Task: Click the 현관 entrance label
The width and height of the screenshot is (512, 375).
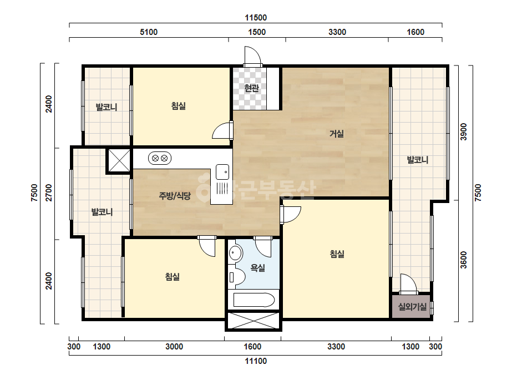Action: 251,88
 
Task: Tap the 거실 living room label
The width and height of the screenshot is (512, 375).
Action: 336,134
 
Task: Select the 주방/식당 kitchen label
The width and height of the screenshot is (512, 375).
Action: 175,196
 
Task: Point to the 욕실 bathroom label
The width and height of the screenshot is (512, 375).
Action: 257,268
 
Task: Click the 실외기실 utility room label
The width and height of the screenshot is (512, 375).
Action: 412,307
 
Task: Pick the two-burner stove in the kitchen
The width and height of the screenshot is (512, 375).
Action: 160,159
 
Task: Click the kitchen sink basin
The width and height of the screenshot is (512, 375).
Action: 222,172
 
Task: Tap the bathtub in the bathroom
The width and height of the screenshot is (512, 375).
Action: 254,300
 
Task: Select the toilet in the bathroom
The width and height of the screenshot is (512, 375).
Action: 237,277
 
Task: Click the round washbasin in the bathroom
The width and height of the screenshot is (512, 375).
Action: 235,253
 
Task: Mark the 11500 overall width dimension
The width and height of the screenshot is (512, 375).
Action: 256,18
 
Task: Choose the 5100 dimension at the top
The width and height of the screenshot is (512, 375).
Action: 149,32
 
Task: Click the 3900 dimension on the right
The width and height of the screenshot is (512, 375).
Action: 464,132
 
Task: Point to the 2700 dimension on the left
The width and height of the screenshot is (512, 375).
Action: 49,192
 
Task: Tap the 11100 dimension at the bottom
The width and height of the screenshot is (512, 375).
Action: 256,361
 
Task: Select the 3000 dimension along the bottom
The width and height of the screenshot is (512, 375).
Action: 174,347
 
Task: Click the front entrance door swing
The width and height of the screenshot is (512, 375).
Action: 253,55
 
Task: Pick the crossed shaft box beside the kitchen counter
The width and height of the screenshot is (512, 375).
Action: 119,160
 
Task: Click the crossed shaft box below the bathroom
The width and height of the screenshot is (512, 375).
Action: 254,321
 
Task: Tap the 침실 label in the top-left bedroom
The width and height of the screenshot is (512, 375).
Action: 179,106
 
